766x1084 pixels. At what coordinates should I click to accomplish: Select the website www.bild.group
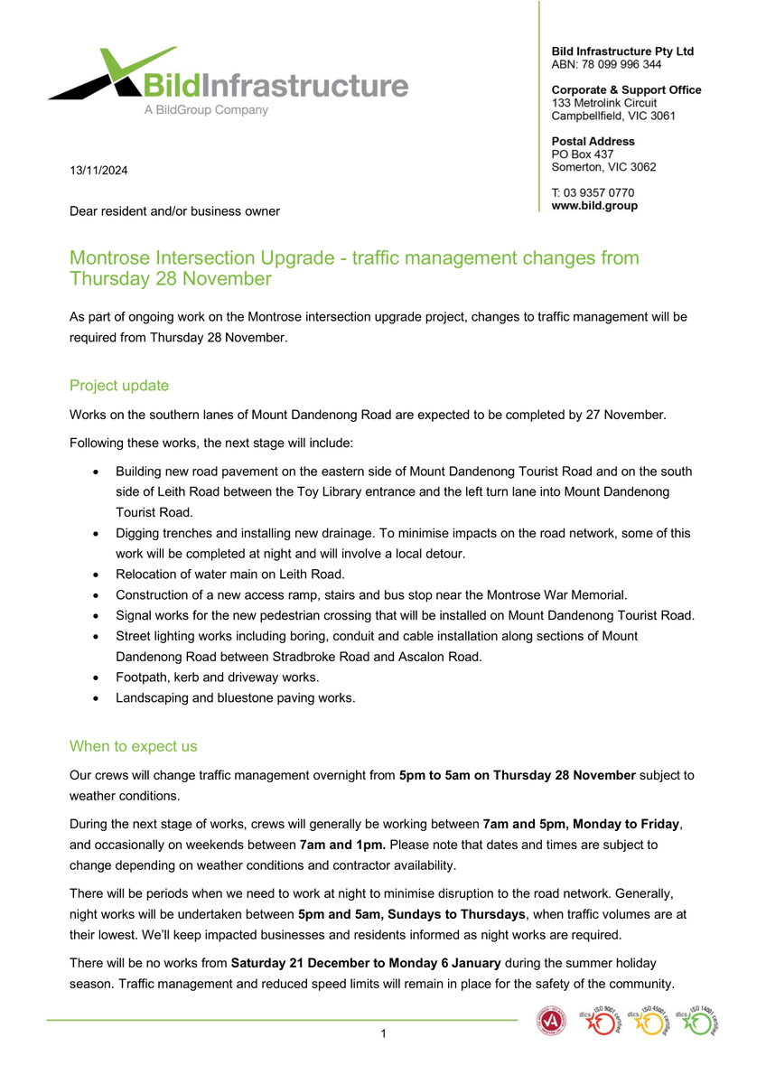[594, 206]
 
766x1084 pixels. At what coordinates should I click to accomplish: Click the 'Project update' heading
[119, 386]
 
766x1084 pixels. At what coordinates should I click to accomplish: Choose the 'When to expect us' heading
[133, 746]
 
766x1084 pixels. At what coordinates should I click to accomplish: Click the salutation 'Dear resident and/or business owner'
[175, 211]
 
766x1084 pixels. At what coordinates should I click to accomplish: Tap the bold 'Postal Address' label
[593, 141]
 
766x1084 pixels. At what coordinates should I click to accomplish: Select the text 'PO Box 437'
[582, 154]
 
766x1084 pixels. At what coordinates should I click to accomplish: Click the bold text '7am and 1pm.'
[342, 845]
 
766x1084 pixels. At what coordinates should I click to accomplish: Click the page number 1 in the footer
[383, 1033]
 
